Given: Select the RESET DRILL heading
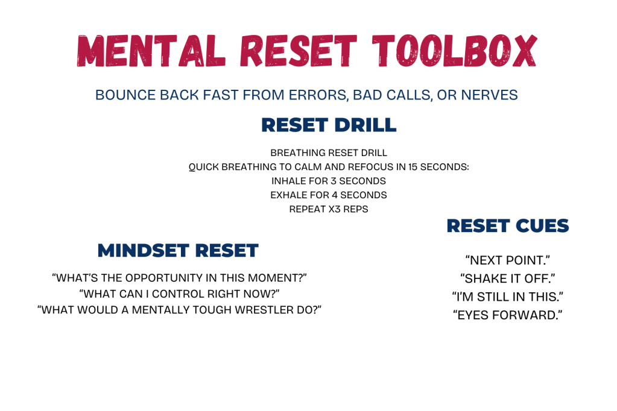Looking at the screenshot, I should click(329, 125).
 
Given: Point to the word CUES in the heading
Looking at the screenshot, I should click(541, 226).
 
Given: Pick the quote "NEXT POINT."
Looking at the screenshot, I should click(508, 260).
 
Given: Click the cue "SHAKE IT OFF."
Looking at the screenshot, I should click(508, 278).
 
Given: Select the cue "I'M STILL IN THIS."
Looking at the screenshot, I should click(508, 296).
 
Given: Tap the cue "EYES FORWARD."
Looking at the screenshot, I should click(508, 315).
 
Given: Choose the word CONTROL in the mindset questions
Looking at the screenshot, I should click(194, 293).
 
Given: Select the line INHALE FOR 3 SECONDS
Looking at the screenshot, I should click(329, 181).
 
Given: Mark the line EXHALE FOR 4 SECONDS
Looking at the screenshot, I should click(329, 195).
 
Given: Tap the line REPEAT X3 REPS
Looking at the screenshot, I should click(329, 210).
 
